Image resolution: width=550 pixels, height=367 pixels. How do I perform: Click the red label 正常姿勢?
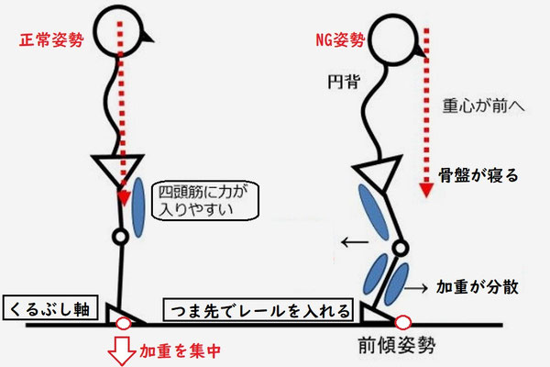(45, 41)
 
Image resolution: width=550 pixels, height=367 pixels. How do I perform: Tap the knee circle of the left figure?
(119, 237)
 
